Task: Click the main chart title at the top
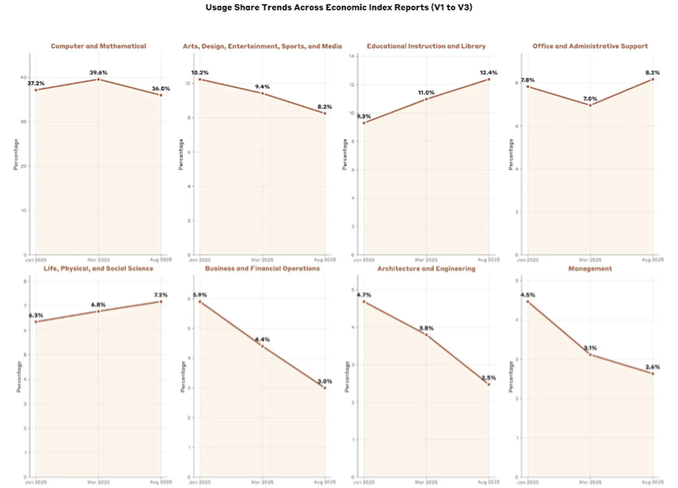[339, 7]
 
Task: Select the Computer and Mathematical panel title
[98, 46]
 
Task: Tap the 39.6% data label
[99, 73]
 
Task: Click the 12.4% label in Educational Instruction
[488, 73]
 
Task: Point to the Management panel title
[589, 268]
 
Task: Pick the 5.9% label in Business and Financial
[200, 295]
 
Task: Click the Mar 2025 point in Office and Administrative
[589, 105]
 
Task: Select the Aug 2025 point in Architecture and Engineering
[488, 384]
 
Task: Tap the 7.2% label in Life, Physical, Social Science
[160, 295]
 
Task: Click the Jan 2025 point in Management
[527, 302]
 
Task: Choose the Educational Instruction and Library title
[426, 46]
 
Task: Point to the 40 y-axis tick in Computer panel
[23, 77]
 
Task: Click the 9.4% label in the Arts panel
[262, 87]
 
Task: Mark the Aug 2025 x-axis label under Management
[652, 481]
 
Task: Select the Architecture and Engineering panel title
[426, 268]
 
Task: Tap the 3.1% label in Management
[589, 348]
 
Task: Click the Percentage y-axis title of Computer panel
[15, 154]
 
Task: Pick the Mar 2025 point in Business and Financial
[262, 345]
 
